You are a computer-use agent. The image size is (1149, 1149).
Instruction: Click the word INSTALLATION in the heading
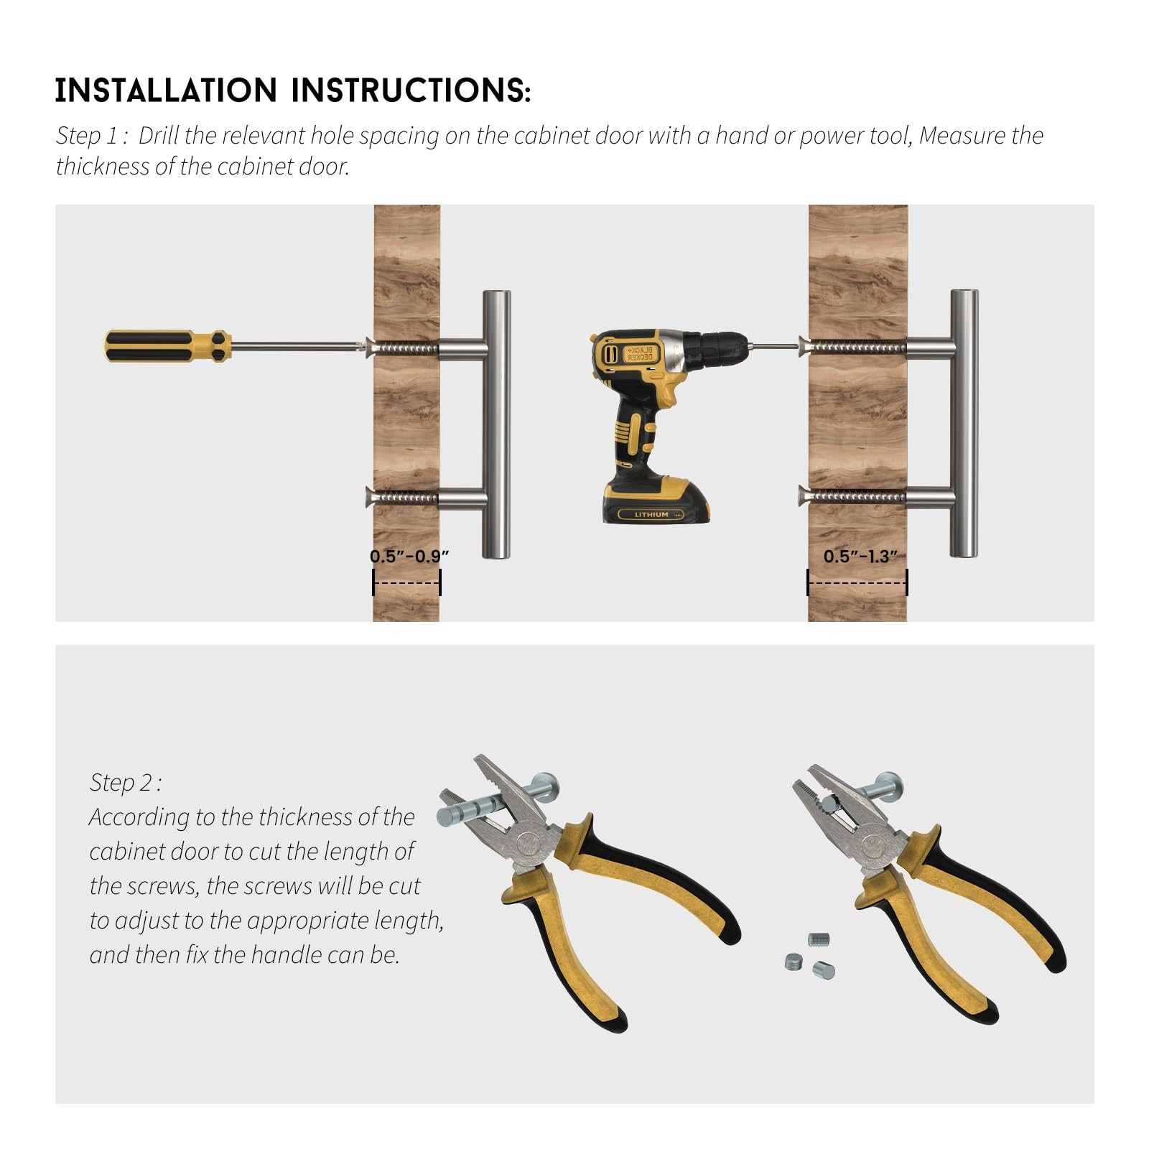coord(166,90)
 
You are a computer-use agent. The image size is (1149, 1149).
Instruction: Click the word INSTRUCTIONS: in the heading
coord(411,90)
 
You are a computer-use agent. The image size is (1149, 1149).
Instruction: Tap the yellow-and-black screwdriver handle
coord(167,345)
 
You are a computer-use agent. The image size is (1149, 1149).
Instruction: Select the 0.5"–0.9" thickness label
coord(409,556)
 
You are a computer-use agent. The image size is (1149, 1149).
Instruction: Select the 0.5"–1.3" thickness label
coord(860,556)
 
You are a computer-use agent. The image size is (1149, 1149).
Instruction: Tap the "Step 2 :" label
coord(126,783)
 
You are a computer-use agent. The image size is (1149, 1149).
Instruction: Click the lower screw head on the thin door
coord(371,496)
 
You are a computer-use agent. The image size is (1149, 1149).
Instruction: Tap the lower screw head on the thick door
coord(804,495)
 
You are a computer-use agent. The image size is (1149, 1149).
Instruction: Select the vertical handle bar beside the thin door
coord(496,424)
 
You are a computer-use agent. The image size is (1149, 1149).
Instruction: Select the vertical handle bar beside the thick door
coord(964,423)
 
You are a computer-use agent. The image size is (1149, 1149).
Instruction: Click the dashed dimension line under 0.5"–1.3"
coord(857,582)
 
